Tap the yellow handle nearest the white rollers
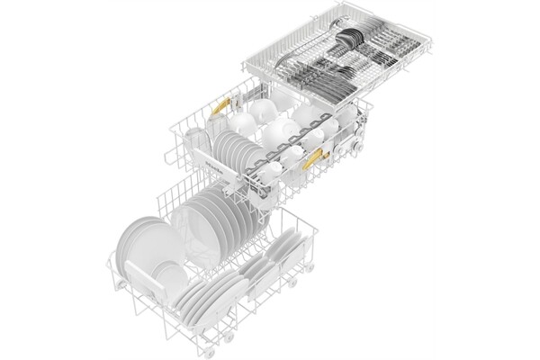314,160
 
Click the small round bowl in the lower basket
167,270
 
